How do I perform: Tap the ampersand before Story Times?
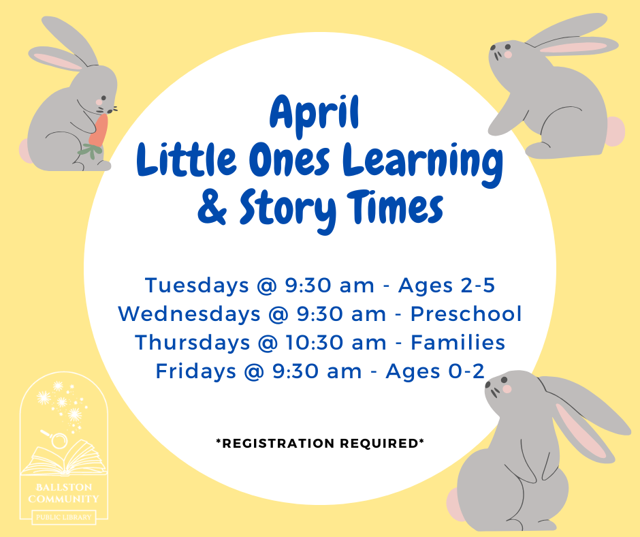click(212, 208)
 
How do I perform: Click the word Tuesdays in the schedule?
click(197, 286)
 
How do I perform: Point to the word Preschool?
click(466, 314)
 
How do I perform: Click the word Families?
click(458, 343)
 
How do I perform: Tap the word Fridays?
click(196, 371)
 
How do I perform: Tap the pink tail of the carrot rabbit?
click(25, 151)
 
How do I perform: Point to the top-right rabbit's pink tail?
click(616, 131)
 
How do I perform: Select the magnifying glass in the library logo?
click(57, 439)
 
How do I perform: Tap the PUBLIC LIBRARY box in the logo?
click(64, 517)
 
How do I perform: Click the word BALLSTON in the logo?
click(64, 487)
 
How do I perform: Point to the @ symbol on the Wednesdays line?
click(278, 315)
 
